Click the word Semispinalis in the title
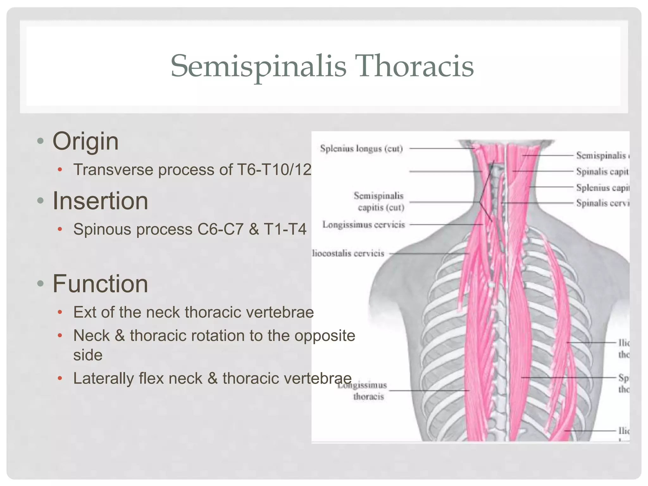tap(258, 66)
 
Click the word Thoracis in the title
tap(414, 66)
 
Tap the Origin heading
tap(85, 141)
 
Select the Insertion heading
tap(100, 201)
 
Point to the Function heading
tap(100, 284)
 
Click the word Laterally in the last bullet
tap(103, 378)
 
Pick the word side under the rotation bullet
tap(88, 355)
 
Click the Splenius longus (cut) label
tap(361, 149)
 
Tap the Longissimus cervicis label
tap(364, 225)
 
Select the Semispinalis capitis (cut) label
tap(379, 202)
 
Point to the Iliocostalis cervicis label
tap(348, 253)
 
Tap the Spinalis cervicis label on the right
tap(602, 203)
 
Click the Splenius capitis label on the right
tap(602, 188)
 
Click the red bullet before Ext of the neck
tap(60, 313)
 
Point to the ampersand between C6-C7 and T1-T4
tap(254, 229)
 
